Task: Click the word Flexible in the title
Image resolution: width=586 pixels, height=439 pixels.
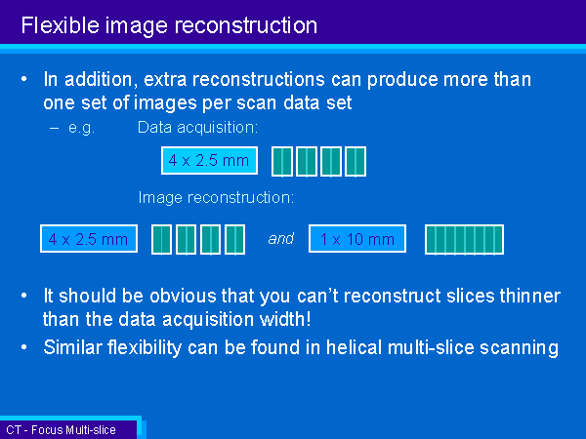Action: (x=61, y=25)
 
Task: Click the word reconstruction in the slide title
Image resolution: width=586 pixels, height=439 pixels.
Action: (x=246, y=25)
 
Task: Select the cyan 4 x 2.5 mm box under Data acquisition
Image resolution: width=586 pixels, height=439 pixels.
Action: (x=209, y=161)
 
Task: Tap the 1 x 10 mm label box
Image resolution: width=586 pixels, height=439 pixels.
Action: (x=357, y=239)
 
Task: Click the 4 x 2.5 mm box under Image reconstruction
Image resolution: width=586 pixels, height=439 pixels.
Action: (x=89, y=239)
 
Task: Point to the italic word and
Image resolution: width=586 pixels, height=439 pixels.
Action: (x=281, y=239)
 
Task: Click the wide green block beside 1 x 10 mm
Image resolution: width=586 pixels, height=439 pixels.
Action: (x=464, y=240)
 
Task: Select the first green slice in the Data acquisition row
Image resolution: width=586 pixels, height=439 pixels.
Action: (x=282, y=162)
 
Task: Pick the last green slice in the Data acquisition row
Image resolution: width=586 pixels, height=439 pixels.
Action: (x=356, y=162)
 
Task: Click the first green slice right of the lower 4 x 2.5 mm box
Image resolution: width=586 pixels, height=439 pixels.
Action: (x=161, y=240)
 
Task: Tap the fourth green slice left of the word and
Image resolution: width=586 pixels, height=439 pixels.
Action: (x=235, y=240)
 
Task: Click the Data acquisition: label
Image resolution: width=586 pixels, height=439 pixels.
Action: (x=197, y=128)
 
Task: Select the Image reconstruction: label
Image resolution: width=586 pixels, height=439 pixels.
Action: (x=216, y=198)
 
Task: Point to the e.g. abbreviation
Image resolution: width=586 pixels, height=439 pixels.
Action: (x=81, y=128)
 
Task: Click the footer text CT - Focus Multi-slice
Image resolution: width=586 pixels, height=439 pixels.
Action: (x=61, y=430)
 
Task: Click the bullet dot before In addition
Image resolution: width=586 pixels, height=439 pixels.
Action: (x=24, y=79)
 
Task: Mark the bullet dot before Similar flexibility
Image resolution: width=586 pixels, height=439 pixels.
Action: (x=24, y=347)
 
